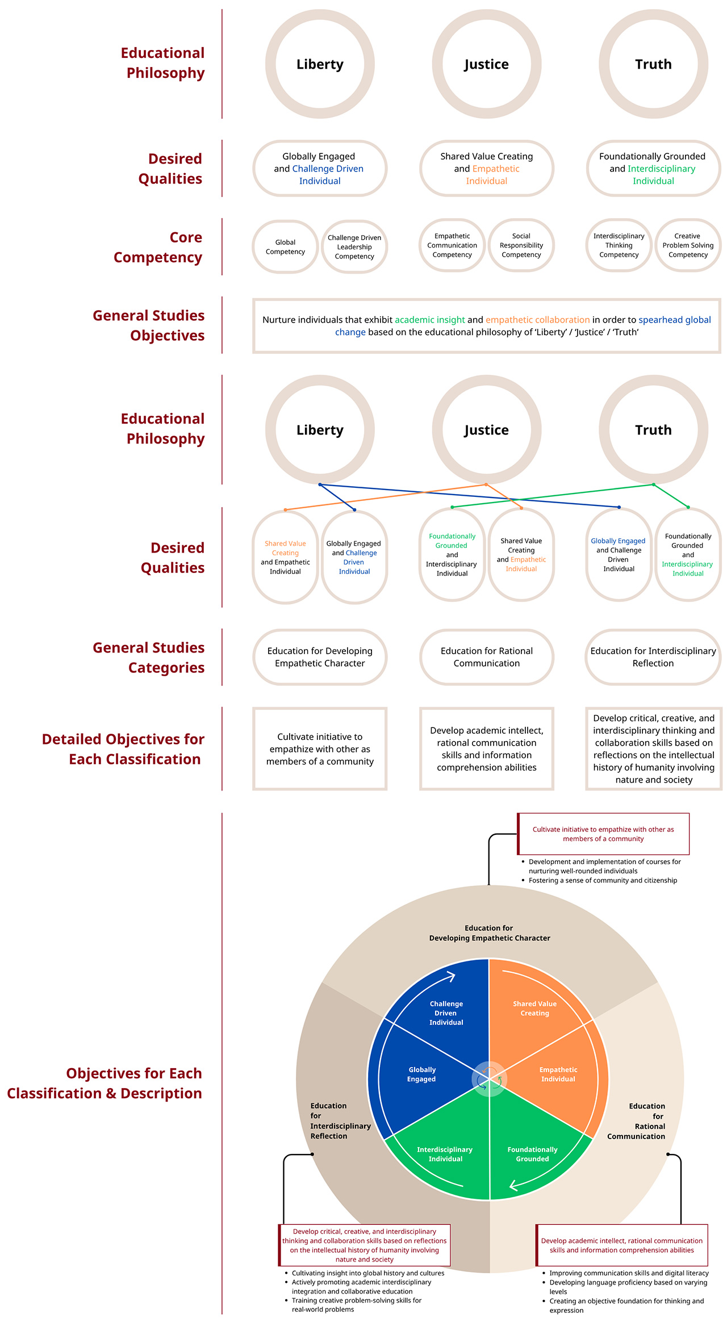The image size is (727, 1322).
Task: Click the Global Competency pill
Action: [285, 247]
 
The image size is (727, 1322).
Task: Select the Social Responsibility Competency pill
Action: [521, 245]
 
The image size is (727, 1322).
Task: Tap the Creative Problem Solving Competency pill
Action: [688, 245]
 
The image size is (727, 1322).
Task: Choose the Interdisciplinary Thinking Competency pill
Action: [619, 245]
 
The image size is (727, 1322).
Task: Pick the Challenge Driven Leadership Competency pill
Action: [354, 247]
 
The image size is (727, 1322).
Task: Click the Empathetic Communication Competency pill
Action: [452, 245]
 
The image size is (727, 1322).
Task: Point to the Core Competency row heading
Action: [158, 247]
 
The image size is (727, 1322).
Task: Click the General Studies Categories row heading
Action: [149, 658]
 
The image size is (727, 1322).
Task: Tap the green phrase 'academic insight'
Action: [430, 320]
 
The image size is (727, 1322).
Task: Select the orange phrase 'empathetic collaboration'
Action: [537, 320]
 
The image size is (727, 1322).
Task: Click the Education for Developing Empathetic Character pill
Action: [320, 657]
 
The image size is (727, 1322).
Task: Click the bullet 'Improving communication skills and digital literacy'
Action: [625, 1273]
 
